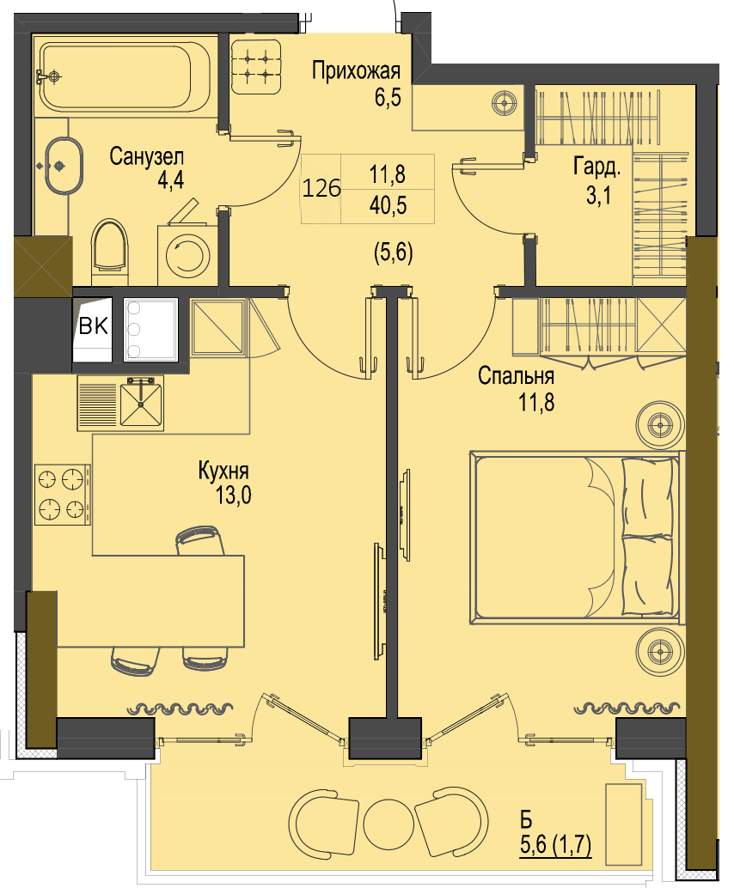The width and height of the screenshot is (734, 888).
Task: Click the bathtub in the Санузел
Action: coord(125,77)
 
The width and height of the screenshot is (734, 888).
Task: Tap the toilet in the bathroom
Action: coord(110,252)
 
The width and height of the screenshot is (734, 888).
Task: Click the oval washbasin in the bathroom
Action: coord(64,166)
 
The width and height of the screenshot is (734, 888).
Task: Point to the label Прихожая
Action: coord(356,70)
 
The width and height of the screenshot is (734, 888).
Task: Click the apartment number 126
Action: coord(321,188)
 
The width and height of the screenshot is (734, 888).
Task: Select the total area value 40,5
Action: coord(388,205)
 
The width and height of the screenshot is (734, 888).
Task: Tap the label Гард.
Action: coord(597,167)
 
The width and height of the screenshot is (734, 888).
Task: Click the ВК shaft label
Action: coord(94,325)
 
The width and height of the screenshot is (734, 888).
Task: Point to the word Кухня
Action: coord(223,471)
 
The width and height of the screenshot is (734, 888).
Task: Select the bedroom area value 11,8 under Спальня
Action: coord(536,402)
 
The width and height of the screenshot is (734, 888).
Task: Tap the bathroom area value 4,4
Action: coord(170,180)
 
